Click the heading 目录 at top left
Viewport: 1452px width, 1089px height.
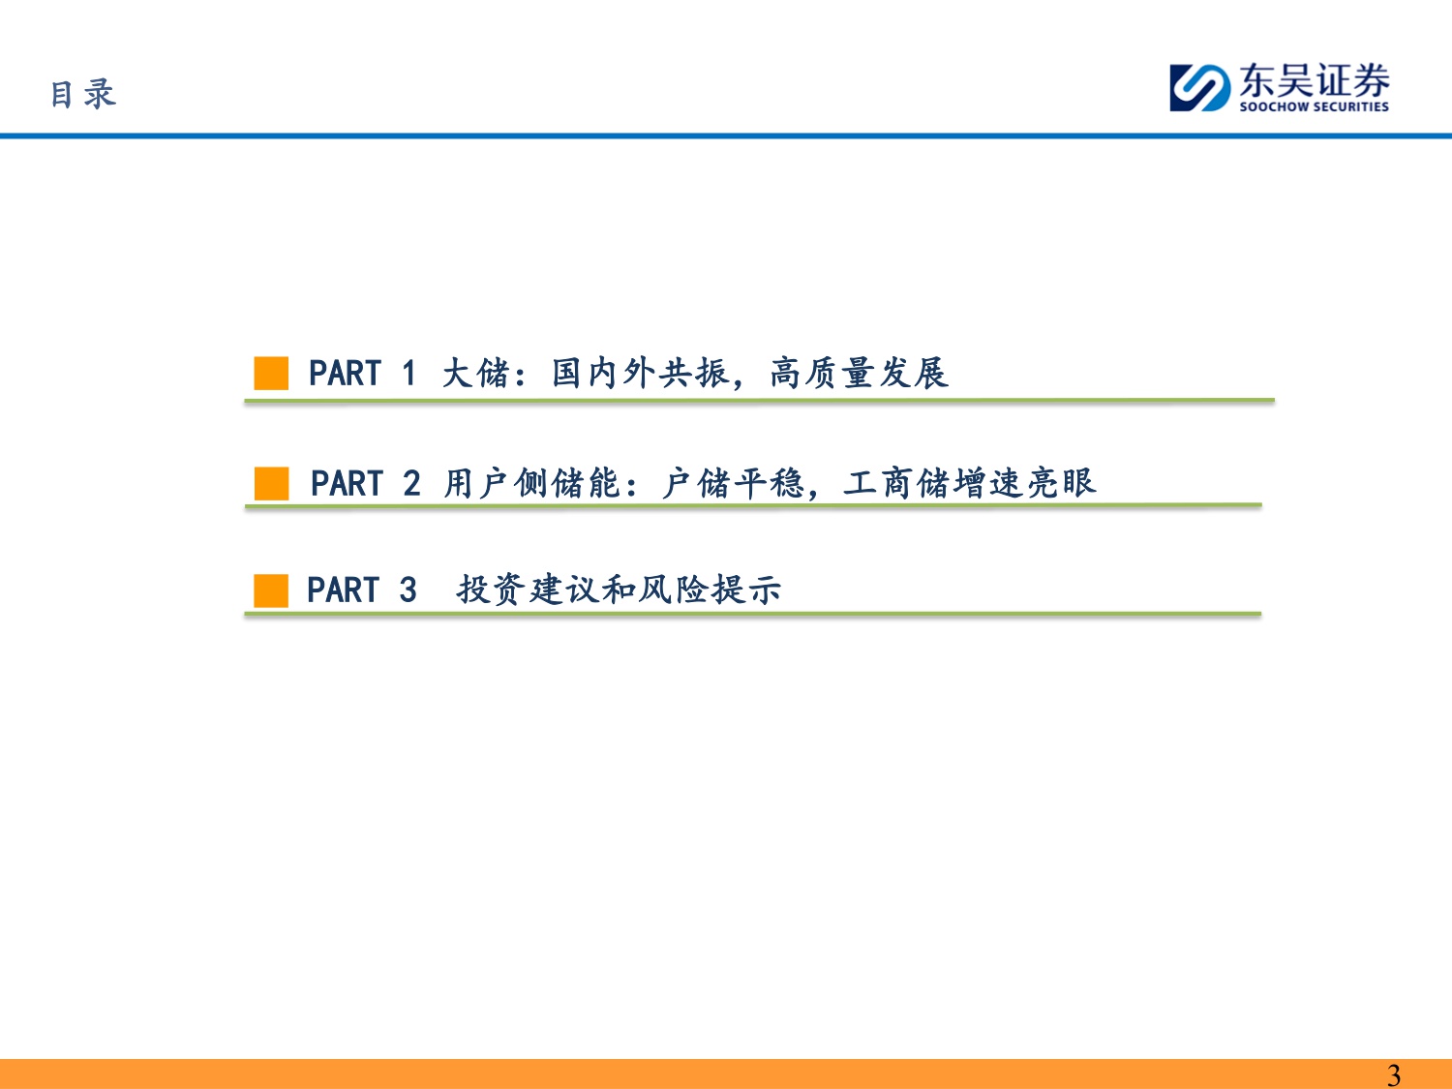(83, 94)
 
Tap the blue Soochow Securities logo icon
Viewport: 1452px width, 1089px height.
(1199, 88)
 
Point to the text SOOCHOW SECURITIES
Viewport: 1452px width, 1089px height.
(1314, 106)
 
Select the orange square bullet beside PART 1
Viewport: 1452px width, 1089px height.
(271, 373)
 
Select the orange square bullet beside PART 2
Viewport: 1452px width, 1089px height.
(271, 483)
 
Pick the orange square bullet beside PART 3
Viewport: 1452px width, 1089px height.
(271, 590)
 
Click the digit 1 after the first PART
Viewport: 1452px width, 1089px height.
(408, 373)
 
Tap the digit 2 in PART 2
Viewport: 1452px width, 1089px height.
(411, 483)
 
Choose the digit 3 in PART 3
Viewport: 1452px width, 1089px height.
(408, 590)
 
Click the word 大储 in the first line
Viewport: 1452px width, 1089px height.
(475, 373)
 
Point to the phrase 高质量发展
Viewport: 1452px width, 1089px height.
(859, 373)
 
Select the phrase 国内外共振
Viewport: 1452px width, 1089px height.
(640, 373)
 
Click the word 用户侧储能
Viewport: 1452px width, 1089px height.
(531, 483)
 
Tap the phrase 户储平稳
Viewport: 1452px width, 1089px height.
(733, 483)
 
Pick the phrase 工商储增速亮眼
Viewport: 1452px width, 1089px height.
(969, 483)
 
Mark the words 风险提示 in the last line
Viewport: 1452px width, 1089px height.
(710, 590)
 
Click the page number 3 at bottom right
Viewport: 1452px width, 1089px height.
(1393, 1074)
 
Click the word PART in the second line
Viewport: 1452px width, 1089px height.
(347, 483)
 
